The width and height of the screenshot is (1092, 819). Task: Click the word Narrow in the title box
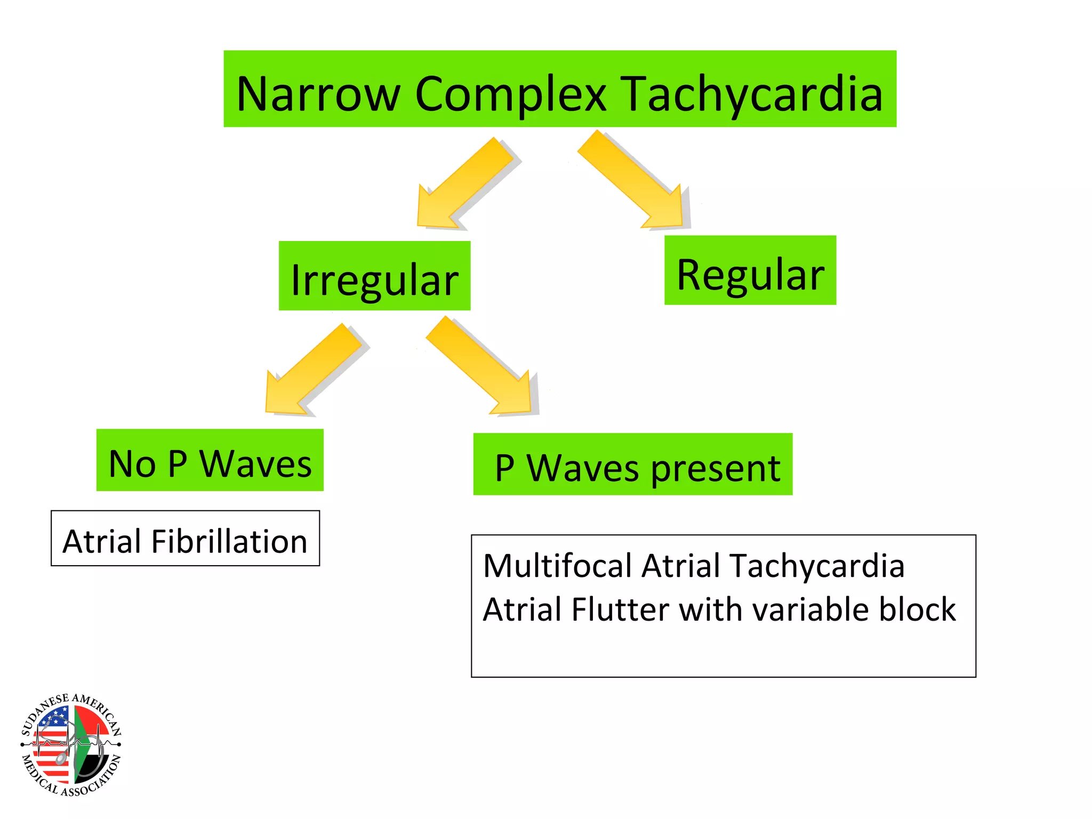pos(318,94)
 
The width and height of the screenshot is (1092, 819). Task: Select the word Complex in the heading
pos(510,94)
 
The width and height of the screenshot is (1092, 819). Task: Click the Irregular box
pos(374,276)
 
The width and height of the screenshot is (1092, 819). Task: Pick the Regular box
pos(750,270)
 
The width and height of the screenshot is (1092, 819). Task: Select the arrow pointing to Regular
pos(635,181)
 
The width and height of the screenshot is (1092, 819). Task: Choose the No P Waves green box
pos(210,460)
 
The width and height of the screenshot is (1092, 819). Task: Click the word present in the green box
pos(716,468)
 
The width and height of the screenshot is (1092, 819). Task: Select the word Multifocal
pos(557,565)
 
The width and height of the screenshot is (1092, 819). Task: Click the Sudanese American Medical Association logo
pos(71,744)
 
